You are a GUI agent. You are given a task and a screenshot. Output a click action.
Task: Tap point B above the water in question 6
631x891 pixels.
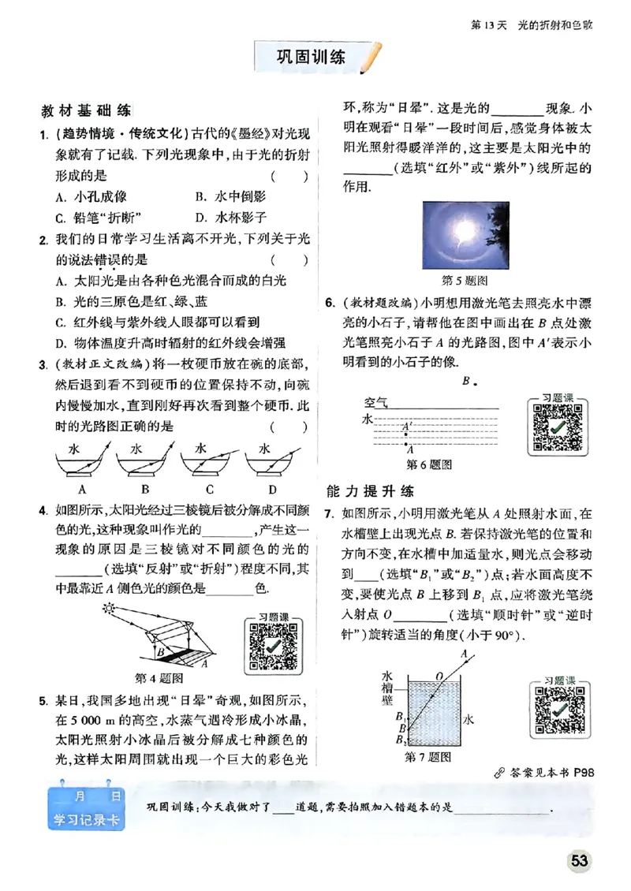(x=465, y=381)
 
